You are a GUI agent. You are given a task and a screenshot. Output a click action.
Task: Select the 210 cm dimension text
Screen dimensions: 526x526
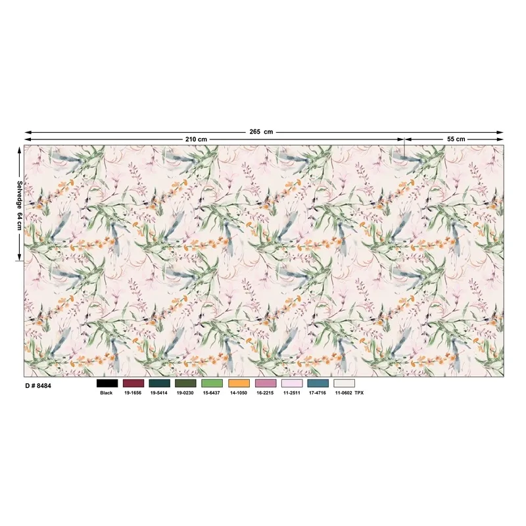[x=197, y=139]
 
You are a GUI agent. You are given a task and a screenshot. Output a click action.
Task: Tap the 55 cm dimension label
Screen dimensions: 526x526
[x=456, y=139]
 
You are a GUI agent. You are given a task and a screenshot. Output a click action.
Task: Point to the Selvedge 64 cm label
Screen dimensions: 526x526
[x=20, y=205]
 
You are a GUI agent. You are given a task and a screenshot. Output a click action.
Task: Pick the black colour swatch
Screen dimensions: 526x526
[x=107, y=383]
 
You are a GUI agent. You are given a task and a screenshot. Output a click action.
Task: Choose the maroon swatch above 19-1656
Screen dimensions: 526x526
[x=133, y=383]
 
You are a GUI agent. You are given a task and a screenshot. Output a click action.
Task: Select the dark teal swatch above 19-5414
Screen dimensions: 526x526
[x=159, y=383]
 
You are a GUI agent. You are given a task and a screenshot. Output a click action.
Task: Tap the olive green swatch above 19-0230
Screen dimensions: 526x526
[x=185, y=383]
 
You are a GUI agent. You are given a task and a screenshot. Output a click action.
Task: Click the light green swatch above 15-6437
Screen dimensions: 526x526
[x=212, y=383]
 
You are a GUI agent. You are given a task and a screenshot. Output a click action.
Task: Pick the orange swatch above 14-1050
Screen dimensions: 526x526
[x=239, y=383]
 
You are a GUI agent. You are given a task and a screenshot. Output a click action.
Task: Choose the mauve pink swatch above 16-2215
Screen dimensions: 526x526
[x=265, y=383]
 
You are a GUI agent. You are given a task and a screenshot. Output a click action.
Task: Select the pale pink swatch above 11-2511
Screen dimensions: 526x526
[x=291, y=383]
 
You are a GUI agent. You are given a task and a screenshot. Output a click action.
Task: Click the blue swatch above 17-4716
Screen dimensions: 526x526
[x=318, y=383]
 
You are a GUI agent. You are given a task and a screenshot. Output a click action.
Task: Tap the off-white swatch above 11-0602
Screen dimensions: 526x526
[x=344, y=383]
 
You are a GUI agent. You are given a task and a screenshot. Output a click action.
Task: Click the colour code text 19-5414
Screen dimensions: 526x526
[x=159, y=393]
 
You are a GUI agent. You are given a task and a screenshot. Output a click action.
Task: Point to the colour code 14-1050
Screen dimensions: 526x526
[x=239, y=393]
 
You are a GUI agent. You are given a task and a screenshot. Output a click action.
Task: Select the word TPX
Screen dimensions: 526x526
[x=359, y=393]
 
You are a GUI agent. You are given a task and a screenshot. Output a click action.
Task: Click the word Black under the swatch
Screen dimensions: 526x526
[x=107, y=393]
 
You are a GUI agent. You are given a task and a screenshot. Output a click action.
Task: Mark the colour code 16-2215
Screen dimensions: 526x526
[x=265, y=393]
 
